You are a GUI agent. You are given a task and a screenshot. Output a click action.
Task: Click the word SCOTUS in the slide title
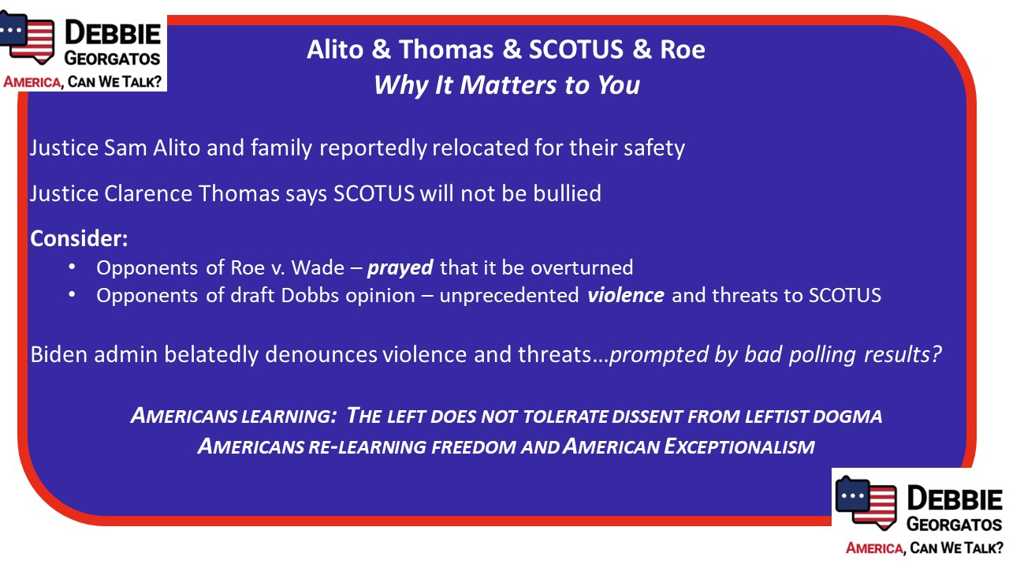tap(576, 49)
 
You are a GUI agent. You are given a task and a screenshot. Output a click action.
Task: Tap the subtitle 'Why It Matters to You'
tap(507, 85)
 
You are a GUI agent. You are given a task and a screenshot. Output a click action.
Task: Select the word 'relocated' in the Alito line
tap(480, 148)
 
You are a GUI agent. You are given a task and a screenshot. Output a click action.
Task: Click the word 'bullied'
tap(567, 193)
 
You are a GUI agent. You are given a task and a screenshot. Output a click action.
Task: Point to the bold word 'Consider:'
tap(80, 238)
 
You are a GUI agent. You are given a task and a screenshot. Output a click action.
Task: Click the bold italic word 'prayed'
tap(400, 268)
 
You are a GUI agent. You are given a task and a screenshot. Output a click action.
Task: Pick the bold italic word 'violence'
tap(626, 296)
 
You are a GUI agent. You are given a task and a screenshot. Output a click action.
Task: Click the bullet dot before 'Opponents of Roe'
tap(72, 267)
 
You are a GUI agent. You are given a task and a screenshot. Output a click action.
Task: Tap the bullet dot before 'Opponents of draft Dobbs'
tap(72, 295)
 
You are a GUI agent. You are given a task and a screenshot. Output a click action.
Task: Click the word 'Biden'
tap(58, 354)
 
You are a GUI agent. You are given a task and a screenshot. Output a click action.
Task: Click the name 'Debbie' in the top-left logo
tap(113, 33)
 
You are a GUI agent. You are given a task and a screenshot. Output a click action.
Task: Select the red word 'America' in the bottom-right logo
tap(874, 548)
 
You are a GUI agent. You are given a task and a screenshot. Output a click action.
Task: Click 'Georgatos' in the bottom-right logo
tap(954, 525)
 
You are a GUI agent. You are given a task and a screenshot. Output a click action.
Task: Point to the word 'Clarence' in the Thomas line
tap(148, 193)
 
